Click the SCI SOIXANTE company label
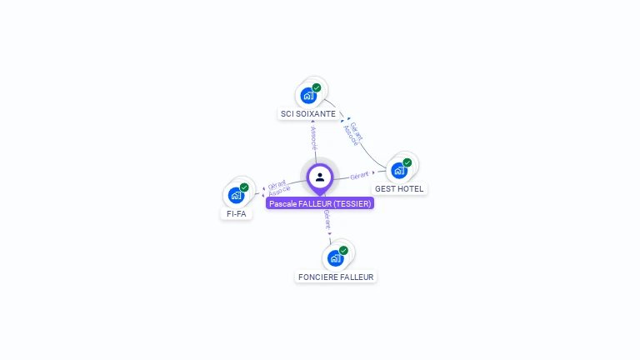point(308,113)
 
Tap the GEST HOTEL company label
point(399,189)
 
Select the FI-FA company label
point(236,213)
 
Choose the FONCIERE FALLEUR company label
point(336,277)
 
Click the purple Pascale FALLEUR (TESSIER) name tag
point(320,203)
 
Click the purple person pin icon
point(320,177)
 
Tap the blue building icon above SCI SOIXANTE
point(308,95)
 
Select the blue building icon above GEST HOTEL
point(399,171)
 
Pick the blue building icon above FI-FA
point(236,196)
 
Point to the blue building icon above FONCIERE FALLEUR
point(335,258)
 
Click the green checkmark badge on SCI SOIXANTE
point(317,87)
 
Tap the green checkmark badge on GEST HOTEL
point(407,163)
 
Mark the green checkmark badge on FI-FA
point(244,187)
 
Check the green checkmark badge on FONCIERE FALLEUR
point(343,251)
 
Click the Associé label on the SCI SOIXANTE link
point(313,138)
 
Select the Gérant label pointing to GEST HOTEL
point(359,175)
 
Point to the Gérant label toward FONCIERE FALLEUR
point(327,220)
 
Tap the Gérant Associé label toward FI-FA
point(277,187)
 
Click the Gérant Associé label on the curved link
point(353,133)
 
